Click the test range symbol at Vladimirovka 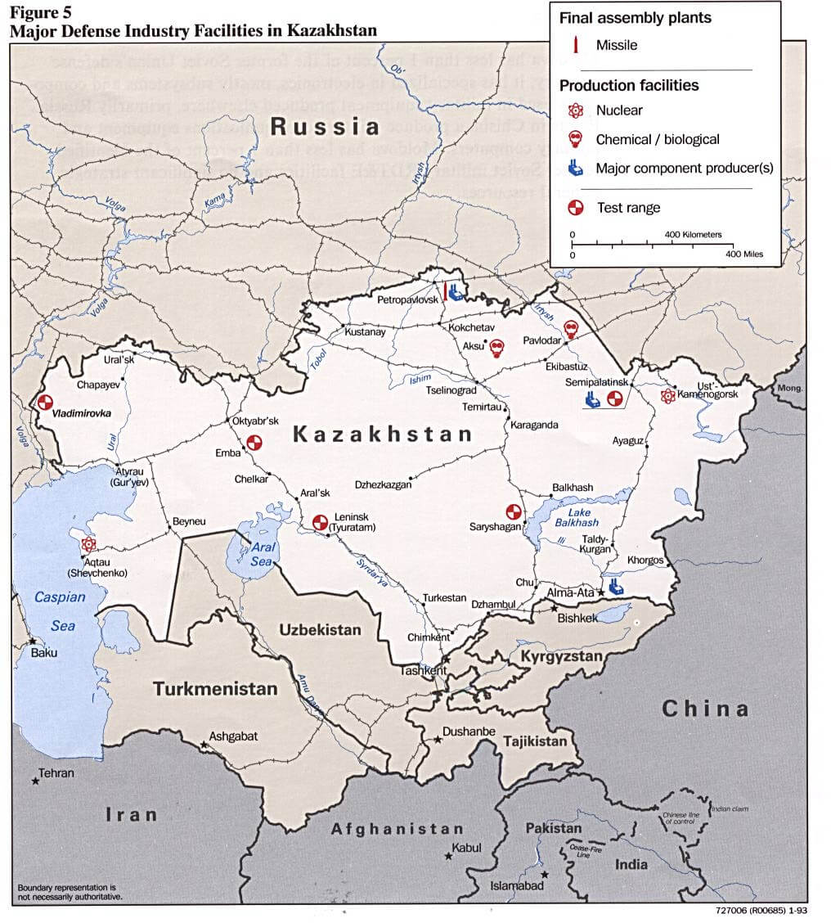coord(45,402)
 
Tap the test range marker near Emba coord(254,443)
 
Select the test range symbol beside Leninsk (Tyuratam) coord(320,521)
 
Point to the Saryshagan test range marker coord(514,511)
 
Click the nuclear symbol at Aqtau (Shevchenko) coord(88,544)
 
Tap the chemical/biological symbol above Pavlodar coord(571,329)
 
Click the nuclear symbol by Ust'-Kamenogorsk coord(668,396)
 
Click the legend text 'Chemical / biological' coord(657,140)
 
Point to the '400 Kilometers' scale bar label coord(692,235)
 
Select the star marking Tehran coord(35,781)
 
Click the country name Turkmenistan coord(214,689)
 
